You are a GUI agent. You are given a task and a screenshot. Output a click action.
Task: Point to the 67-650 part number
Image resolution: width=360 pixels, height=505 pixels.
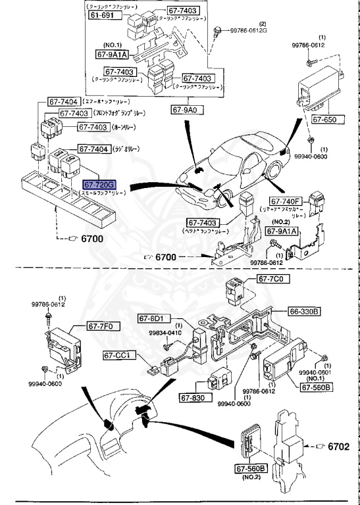click(324, 120)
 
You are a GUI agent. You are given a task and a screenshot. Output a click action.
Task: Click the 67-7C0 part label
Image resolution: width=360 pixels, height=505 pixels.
click(270, 279)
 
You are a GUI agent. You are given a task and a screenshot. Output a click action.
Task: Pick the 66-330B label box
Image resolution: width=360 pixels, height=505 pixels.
click(303, 310)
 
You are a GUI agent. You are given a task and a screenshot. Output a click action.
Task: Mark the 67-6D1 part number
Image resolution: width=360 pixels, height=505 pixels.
click(151, 318)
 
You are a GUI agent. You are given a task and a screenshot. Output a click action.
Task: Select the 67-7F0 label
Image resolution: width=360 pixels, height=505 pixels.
click(100, 325)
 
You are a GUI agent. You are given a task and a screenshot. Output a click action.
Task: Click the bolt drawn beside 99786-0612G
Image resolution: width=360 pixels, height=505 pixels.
click(218, 30)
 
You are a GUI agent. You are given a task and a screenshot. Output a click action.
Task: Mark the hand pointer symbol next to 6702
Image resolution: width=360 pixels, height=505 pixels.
click(320, 446)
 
